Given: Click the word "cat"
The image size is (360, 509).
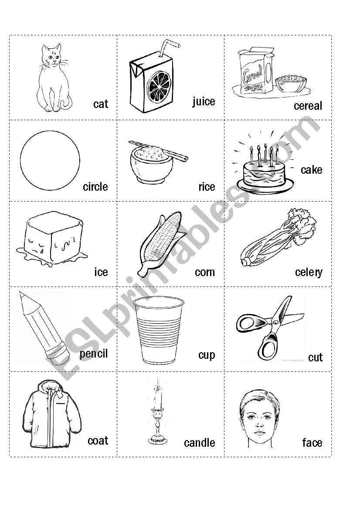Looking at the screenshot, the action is pos(101,104).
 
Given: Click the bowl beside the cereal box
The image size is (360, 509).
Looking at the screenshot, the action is pos(291,84).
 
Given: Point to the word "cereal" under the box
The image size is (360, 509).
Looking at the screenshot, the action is pos(308,106).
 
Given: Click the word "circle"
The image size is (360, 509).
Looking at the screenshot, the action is pos(95,187).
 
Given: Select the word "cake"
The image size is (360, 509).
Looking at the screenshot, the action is pos(311,170).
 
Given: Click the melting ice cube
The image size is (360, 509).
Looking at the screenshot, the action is pos(52,238).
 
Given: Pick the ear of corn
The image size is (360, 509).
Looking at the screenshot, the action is pos(159,243).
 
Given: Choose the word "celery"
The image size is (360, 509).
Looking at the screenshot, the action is pos(309,273).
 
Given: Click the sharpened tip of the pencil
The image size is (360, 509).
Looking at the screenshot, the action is pos(23,295).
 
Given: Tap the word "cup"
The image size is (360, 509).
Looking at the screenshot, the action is pos(207,355).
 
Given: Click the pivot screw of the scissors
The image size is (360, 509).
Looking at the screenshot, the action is pos(275,322).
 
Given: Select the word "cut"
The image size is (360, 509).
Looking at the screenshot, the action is pos(315,357).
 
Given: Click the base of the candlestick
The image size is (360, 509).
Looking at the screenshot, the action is pos(158,440).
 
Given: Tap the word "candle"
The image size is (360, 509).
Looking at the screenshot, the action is pos(200,443).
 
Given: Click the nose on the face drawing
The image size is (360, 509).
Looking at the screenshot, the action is pos(259,423).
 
